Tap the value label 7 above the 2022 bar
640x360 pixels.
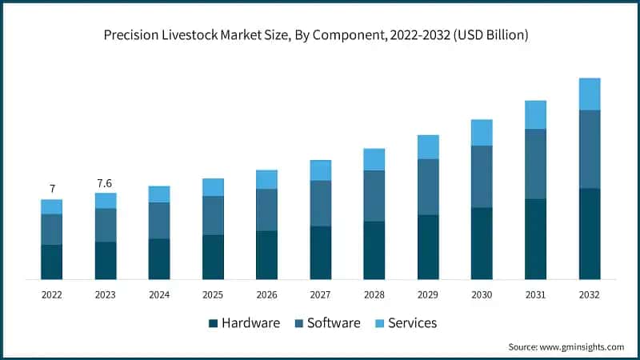(x=52, y=189)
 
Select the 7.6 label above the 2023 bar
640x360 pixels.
(x=106, y=183)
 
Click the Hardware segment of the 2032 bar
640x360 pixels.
(x=589, y=234)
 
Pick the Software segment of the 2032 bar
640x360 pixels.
(x=589, y=149)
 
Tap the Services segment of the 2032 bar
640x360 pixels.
(x=589, y=94)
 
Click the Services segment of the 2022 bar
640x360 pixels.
(x=52, y=206)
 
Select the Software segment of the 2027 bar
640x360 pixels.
(x=321, y=203)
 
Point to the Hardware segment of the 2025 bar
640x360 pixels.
(x=213, y=257)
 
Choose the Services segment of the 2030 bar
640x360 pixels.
(x=482, y=132)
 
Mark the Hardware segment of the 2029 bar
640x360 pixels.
(x=428, y=246)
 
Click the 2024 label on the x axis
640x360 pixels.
(x=159, y=295)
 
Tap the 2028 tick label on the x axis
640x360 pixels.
(x=374, y=295)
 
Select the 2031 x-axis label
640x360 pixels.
(x=535, y=295)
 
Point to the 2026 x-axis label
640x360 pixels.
(x=266, y=295)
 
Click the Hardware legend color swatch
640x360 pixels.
(x=213, y=323)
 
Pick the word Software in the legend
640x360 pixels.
(x=334, y=323)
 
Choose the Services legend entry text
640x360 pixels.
(x=413, y=323)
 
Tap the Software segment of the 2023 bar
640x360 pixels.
(x=106, y=225)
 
